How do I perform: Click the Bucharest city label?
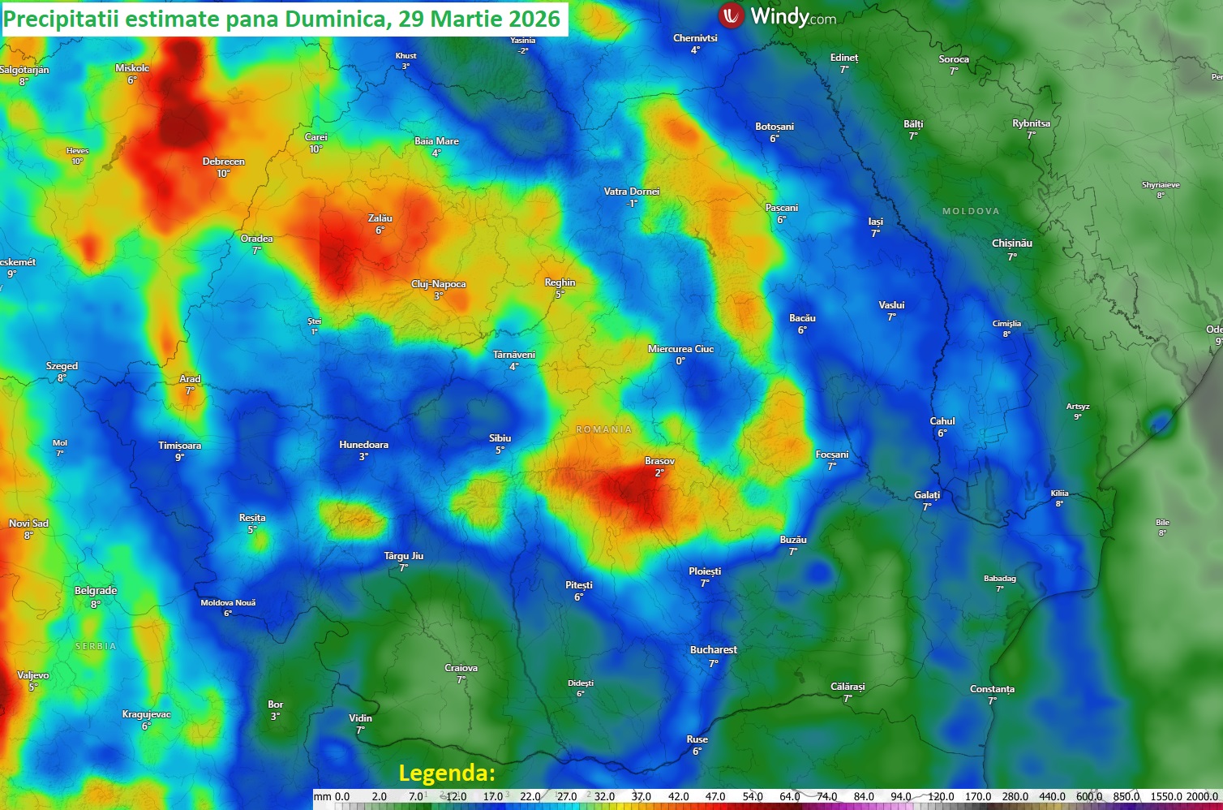click(713, 650)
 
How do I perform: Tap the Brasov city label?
click(659, 461)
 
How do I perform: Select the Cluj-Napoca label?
click(438, 284)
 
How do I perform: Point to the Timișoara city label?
click(179, 446)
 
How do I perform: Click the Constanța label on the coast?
click(992, 689)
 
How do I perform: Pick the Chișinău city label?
click(1011, 243)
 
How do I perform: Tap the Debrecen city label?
click(223, 162)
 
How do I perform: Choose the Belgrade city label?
click(96, 591)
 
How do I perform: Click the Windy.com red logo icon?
click(732, 15)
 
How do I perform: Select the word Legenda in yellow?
click(447, 773)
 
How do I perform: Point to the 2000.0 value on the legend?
click(1202, 797)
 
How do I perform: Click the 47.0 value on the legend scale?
click(715, 797)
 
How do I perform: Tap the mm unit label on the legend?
click(322, 797)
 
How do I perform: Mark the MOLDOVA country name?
click(971, 211)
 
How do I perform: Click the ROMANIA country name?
click(603, 429)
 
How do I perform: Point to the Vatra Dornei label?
click(632, 192)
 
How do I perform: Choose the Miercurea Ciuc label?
click(680, 349)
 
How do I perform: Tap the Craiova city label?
click(461, 668)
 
